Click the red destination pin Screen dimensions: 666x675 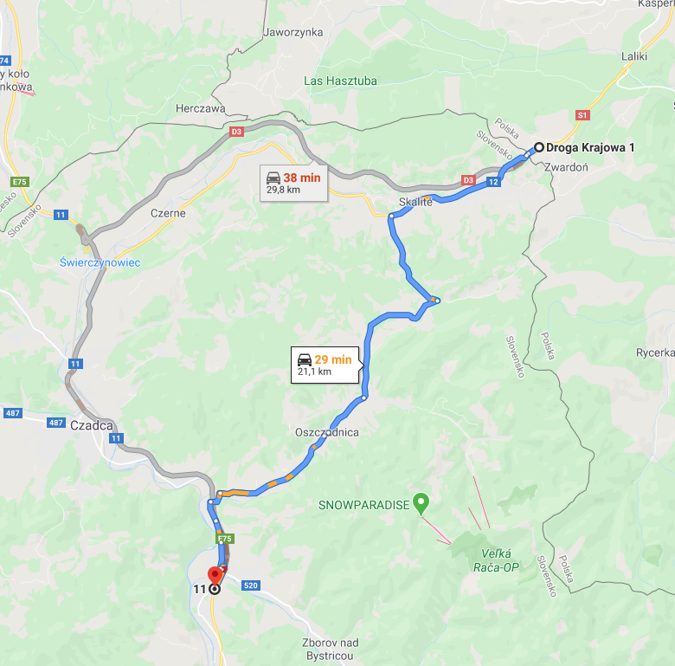(216, 575)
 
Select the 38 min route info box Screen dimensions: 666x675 (294, 183)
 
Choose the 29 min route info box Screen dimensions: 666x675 (325, 365)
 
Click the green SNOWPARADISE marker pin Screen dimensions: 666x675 (421, 501)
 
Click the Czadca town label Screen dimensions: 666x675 (92, 425)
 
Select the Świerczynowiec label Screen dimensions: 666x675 (100, 262)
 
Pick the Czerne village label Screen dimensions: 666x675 (168, 213)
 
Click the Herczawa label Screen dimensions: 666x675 (200, 109)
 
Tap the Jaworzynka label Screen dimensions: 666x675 (292, 33)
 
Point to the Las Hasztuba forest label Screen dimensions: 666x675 (341, 81)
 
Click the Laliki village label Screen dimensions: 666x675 (634, 57)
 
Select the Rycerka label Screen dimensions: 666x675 (654, 352)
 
